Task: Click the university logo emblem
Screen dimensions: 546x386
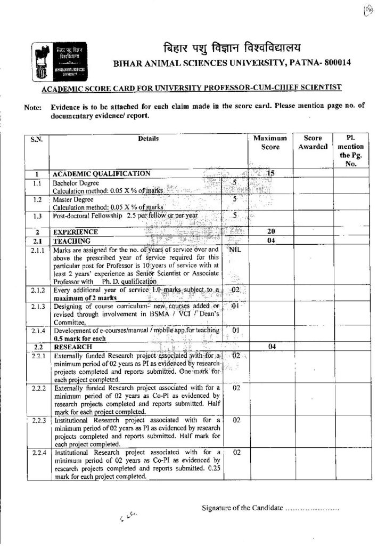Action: [61, 61]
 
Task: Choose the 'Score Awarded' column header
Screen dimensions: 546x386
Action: [311, 142]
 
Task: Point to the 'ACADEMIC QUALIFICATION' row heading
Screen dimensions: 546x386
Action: [101, 173]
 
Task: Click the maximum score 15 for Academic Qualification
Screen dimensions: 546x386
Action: [270, 173]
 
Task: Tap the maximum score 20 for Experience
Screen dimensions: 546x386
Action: [270, 232]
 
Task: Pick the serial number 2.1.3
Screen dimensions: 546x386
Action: [37, 307]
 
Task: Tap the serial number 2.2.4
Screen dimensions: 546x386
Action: [37, 453]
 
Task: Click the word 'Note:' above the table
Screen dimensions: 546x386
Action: [33, 107]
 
